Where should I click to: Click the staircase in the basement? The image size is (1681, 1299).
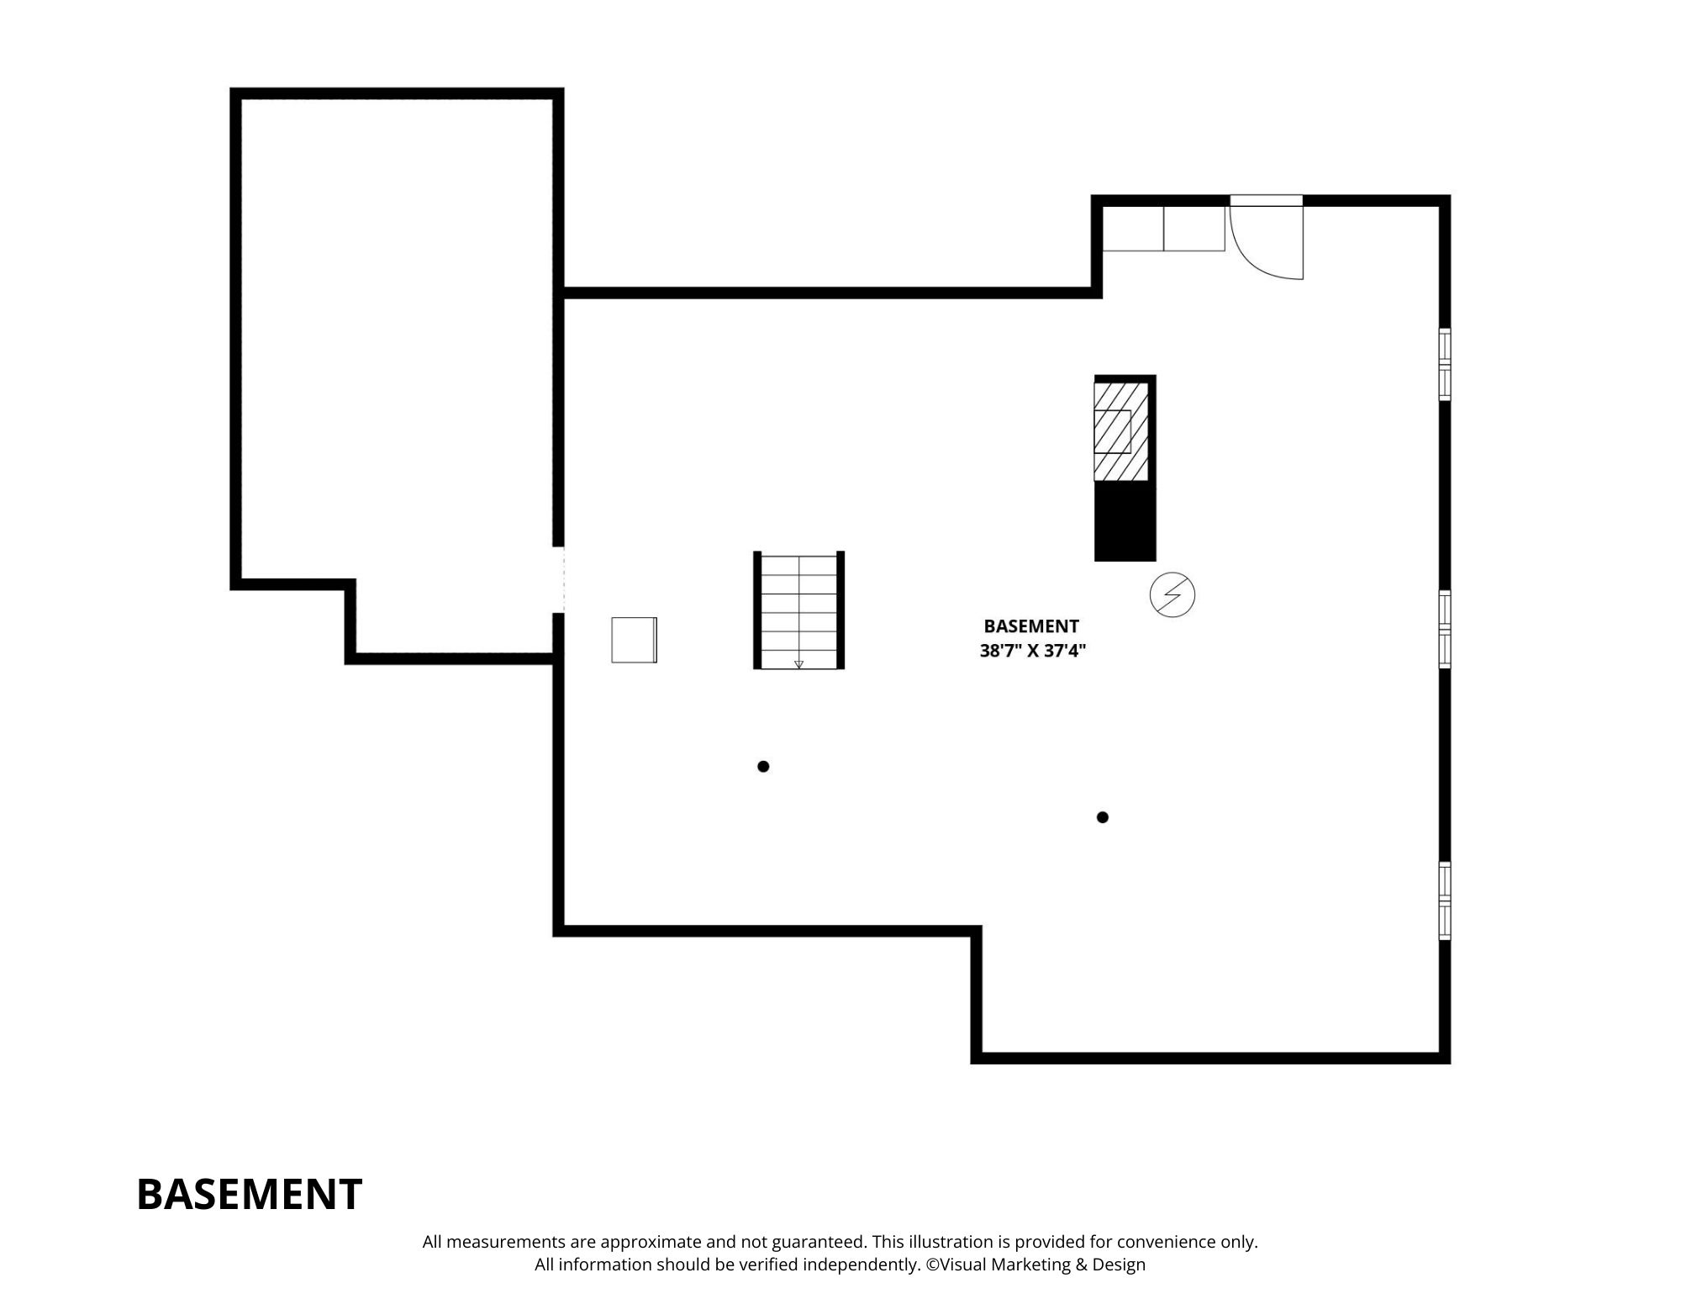click(798, 610)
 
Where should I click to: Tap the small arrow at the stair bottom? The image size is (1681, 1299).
click(798, 664)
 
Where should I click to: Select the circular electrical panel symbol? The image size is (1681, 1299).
click(1172, 595)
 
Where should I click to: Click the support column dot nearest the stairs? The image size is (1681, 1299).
click(763, 766)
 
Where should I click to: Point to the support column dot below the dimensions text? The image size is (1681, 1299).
click(1103, 817)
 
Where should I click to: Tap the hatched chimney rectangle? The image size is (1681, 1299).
click(1121, 431)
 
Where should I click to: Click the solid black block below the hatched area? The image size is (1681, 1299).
click(1125, 522)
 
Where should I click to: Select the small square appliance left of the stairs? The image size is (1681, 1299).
click(634, 640)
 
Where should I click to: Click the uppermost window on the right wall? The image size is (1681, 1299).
click(1445, 364)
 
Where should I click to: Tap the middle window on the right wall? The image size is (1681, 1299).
click(1445, 630)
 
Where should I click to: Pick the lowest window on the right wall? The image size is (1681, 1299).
click(1445, 900)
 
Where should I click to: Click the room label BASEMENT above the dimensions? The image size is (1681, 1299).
click(1031, 626)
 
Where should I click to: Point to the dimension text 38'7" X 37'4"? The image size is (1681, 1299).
click(1033, 651)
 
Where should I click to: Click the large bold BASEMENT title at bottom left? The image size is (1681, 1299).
click(249, 1194)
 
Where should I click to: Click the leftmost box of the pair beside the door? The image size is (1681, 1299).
click(1133, 229)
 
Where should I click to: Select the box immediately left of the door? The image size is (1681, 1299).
click(1194, 229)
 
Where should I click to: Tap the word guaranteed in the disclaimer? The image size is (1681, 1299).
click(802, 1242)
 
